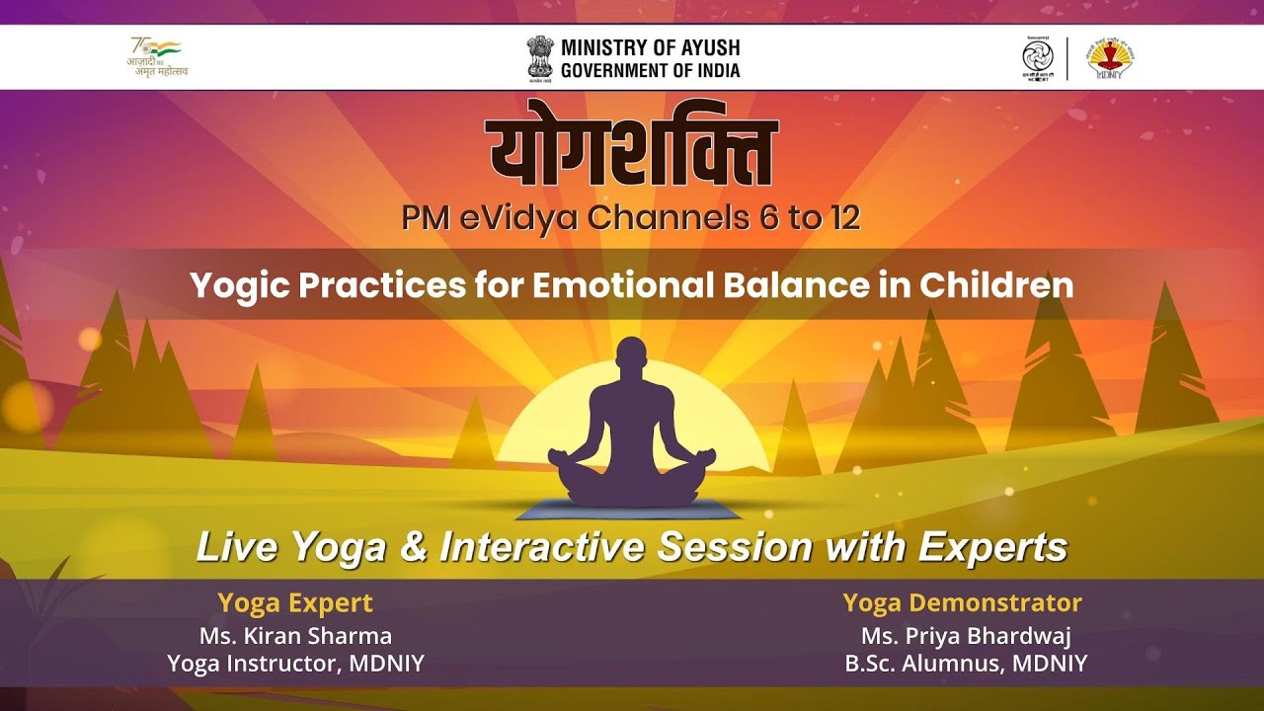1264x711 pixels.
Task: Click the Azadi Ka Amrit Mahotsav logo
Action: [x=158, y=57]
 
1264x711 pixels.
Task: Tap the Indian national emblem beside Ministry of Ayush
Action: [x=540, y=57]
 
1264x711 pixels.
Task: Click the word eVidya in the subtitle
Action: [x=520, y=218]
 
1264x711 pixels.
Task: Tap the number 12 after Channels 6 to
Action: [x=839, y=218]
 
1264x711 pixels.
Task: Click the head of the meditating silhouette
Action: [x=632, y=359]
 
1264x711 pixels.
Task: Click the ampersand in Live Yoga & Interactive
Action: [x=413, y=546]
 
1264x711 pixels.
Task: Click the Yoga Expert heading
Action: [x=295, y=602]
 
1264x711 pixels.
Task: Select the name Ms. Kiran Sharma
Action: [x=295, y=635]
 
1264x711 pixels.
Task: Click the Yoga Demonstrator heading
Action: [x=962, y=602]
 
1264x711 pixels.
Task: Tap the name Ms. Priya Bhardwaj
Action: [x=966, y=635]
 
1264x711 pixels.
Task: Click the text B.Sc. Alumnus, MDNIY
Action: [x=966, y=664]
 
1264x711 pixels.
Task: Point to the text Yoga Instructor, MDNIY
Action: [x=295, y=664]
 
